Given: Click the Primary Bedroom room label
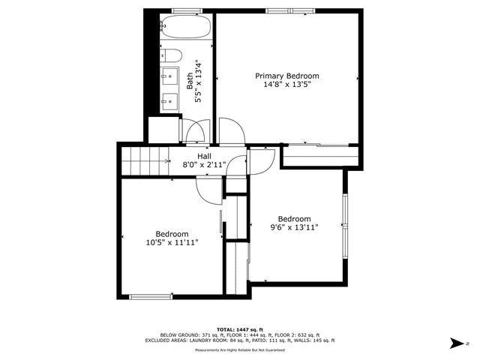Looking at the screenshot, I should click(287, 76).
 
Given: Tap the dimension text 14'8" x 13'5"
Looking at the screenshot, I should click(287, 85).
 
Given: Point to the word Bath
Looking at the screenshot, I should click(190, 81).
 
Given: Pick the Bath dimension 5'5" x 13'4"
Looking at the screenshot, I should click(199, 81).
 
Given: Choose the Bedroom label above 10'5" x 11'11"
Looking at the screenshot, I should click(172, 233).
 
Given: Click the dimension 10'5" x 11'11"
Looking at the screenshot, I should click(172, 242).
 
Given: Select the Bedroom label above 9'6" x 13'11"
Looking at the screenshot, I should click(294, 219).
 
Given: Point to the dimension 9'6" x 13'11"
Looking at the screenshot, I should click(294, 228).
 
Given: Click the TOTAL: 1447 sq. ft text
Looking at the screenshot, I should click(240, 329).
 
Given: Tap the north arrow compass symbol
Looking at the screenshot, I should click(455, 343).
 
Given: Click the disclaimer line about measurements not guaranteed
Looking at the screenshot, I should click(240, 350).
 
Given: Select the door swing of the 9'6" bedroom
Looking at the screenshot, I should click(258, 161).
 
